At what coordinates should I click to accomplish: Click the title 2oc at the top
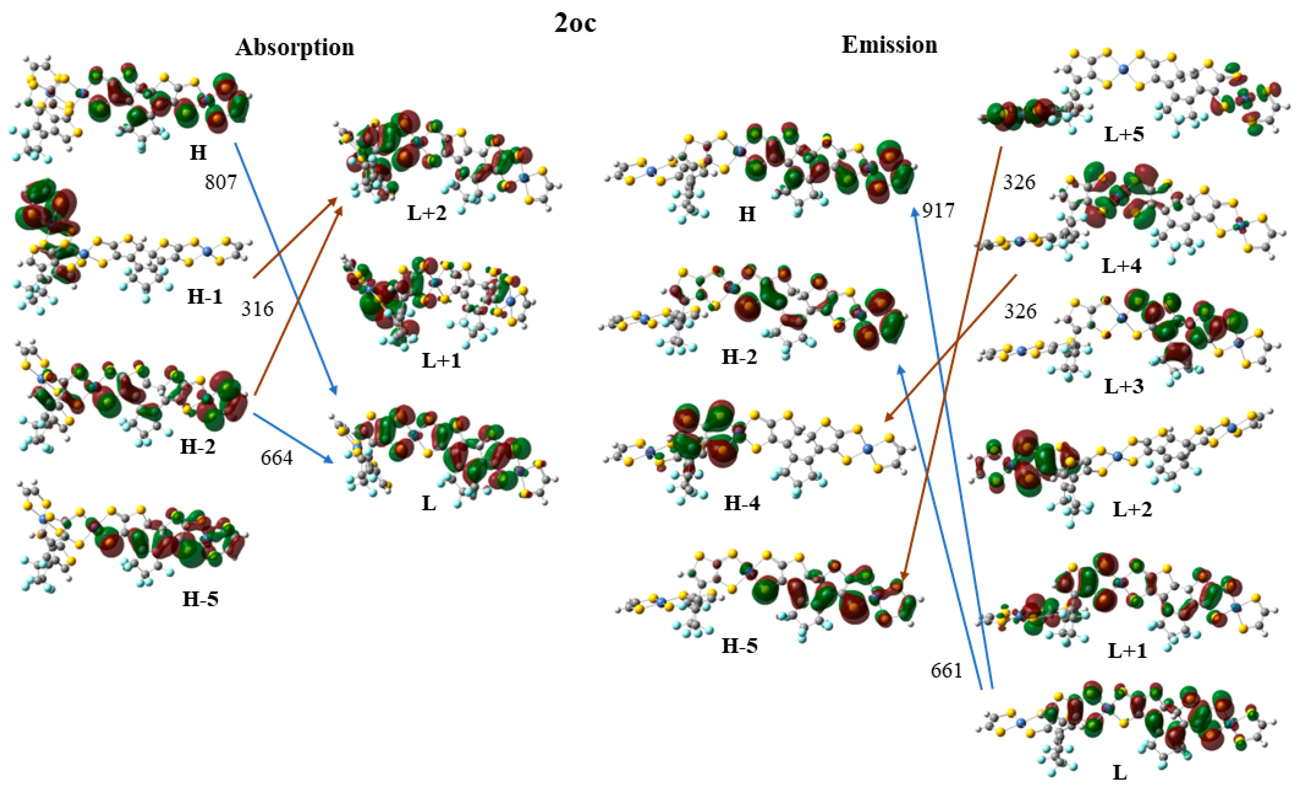(575, 23)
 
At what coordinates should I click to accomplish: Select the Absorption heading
(295, 47)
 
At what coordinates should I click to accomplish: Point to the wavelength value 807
(221, 182)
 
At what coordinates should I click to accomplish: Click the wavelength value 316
(257, 309)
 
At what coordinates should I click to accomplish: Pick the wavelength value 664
(276, 458)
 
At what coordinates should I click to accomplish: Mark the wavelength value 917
(938, 211)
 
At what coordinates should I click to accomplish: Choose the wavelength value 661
(947, 670)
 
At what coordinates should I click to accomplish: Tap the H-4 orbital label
(742, 503)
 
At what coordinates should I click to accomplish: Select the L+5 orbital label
(1124, 134)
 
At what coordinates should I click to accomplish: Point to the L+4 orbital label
(1121, 265)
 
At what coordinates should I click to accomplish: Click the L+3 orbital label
(1124, 386)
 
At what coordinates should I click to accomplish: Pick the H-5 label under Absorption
(200, 599)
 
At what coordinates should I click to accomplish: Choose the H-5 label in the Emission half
(739, 645)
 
